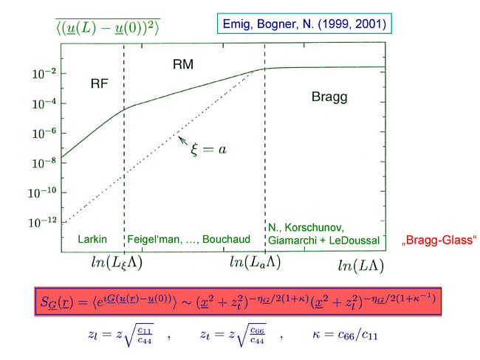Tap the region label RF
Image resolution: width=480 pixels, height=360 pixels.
click(100, 83)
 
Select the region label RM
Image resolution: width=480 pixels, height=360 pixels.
click(183, 64)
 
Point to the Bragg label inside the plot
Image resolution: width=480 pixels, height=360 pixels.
click(329, 97)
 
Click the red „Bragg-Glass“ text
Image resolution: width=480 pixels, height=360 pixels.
click(439, 240)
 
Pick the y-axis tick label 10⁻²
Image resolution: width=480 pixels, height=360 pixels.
click(44, 74)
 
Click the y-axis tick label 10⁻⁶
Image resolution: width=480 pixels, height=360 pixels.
click(44, 134)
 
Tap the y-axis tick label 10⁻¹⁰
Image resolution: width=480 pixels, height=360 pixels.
click(42, 193)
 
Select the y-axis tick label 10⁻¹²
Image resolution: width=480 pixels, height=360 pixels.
click(43, 222)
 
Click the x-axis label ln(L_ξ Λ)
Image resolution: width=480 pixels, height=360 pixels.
click(117, 263)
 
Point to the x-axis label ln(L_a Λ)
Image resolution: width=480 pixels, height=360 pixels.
click(255, 262)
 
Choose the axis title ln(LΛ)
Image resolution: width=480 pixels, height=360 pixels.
click(361, 266)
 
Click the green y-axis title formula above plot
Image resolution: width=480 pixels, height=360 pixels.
click(108, 27)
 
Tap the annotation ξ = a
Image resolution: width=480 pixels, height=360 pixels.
click(208, 150)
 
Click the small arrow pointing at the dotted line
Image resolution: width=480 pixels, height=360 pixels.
click(182, 141)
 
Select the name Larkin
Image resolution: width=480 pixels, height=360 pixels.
click(92, 239)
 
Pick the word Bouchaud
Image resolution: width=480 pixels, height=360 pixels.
click(226, 239)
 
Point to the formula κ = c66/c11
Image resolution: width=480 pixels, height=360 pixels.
click(345, 335)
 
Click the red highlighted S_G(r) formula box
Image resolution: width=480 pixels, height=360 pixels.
click(238, 301)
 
